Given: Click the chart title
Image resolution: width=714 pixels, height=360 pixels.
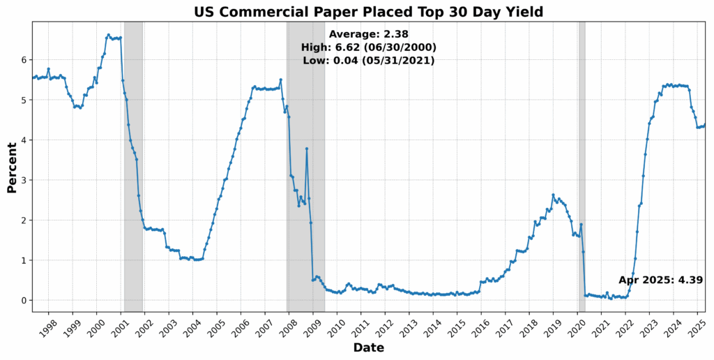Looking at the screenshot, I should pyautogui.click(x=368, y=11).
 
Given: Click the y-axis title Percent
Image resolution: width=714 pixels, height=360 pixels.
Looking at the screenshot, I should pyautogui.click(x=12, y=167).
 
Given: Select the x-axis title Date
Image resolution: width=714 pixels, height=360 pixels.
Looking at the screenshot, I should pyautogui.click(x=368, y=347).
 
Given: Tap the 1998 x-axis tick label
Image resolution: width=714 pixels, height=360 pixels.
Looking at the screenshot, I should pyautogui.click(x=47, y=329).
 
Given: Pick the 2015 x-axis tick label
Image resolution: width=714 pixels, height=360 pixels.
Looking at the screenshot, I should pyautogui.click(x=456, y=329).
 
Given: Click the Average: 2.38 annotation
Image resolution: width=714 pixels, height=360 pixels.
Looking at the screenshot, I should pyautogui.click(x=368, y=34).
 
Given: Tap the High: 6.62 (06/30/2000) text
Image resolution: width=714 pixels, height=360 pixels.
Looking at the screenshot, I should pyautogui.click(x=368, y=47).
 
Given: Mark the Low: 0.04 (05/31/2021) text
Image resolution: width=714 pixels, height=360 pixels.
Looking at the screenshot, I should pyautogui.click(x=368, y=61).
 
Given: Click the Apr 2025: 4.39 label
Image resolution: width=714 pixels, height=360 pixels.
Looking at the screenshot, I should pyautogui.click(x=660, y=280).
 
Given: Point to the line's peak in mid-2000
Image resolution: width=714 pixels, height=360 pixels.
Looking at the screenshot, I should pyautogui.click(x=108, y=35).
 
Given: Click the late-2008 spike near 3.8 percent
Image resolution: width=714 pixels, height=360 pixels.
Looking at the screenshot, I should pyautogui.click(x=306, y=149).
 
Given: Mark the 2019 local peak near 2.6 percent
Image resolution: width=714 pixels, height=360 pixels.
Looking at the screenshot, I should pyautogui.click(x=553, y=195).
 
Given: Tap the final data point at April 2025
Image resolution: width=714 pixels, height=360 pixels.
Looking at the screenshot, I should pyautogui.click(x=704, y=125).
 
